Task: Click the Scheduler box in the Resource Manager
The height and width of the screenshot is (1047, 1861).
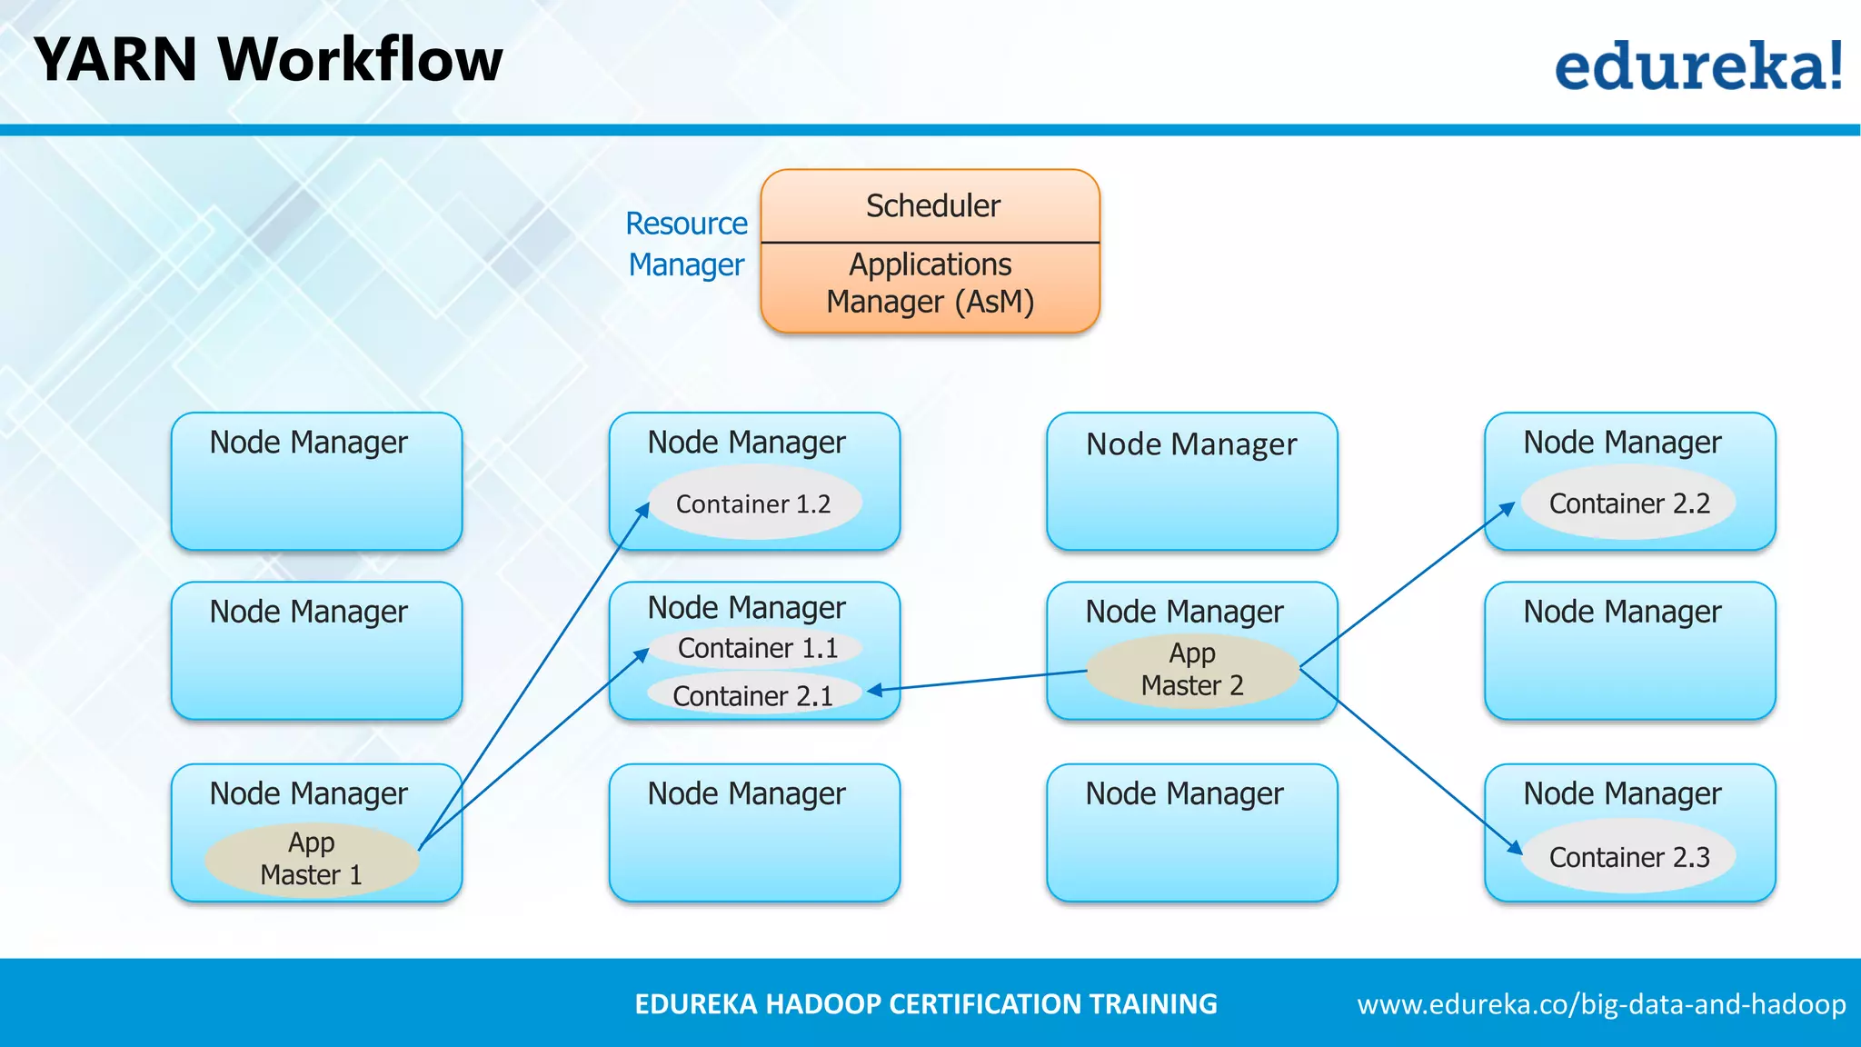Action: [930, 206]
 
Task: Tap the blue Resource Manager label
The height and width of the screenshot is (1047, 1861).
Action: [687, 244]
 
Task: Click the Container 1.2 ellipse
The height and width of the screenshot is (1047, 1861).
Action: [754, 504]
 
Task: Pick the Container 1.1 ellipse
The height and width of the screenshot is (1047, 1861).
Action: [757, 648]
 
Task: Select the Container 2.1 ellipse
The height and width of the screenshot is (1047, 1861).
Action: [753, 695]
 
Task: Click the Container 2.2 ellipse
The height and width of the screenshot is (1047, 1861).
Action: [1628, 503]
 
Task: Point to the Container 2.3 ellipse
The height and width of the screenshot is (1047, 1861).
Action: [1628, 856]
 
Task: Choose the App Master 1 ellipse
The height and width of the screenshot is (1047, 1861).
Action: [311, 859]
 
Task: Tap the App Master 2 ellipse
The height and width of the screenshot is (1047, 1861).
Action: [1192, 670]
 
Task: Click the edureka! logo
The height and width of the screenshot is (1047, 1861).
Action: [1697, 65]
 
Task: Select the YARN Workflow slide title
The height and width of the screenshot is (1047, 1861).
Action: [268, 60]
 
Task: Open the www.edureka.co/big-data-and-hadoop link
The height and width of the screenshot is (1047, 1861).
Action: [1601, 1004]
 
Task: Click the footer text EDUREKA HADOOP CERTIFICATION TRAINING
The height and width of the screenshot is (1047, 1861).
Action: [925, 1004]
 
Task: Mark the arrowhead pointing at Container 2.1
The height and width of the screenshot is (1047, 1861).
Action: [874, 692]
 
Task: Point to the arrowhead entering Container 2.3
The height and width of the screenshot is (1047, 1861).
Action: [1516, 848]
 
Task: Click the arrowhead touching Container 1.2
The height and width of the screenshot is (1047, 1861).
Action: [643, 509]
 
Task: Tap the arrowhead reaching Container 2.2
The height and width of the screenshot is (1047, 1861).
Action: [1508, 507]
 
